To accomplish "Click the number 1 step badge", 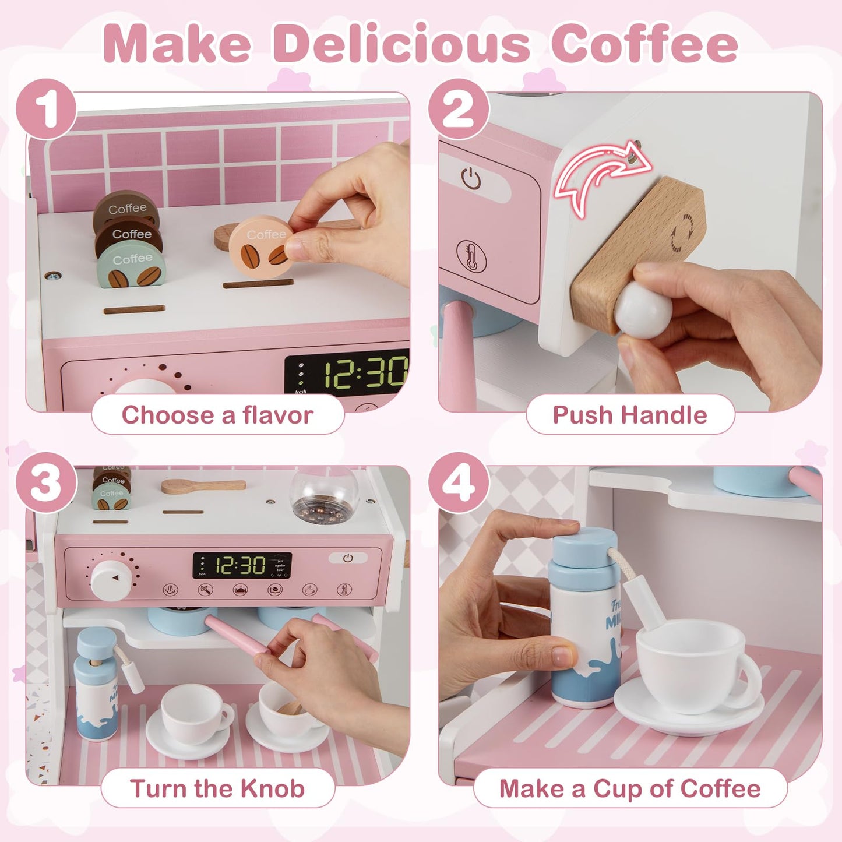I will click(x=47, y=109).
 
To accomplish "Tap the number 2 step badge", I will click(x=459, y=109).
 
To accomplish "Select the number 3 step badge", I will click(x=47, y=482).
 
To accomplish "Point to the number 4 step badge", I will click(x=459, y=482).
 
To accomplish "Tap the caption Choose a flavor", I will click(x=217, y=415).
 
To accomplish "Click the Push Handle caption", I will click(x=630, y=415).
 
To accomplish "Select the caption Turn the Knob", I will click(x=217, y=788).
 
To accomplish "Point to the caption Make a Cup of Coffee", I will click(x=630, y=788).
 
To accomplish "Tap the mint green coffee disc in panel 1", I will click(x=132, y=267).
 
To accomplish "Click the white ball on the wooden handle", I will click(x=643, y=310).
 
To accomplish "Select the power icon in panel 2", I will click(x=471, y=178).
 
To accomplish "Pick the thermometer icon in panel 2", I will click(x=471, y=256).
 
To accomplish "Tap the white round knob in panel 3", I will click(x=111, y=580).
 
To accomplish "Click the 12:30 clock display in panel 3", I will click(x=241, y=565).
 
